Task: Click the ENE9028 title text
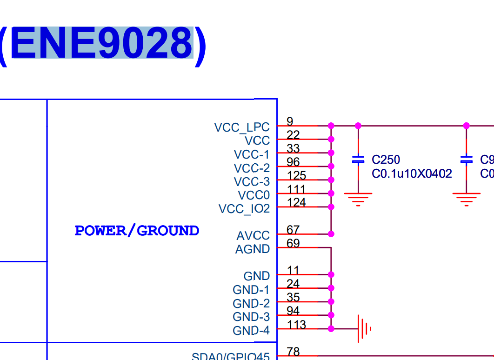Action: (102, 43)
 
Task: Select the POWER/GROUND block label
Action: (137, 231)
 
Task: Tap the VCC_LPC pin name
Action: (241, 127)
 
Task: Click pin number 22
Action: (293, 135)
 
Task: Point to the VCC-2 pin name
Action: (252, 168)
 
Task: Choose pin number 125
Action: (297, 176)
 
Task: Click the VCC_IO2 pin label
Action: (244, 209)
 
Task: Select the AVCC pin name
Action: (253, 236)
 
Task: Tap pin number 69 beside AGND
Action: (293, 243)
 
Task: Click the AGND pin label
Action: (252, 249)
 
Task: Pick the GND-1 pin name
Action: (251, 290)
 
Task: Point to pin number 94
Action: (293, 311)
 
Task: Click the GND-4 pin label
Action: (251, 331)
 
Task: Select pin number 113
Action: (297, 324)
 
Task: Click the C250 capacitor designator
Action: (386, 160)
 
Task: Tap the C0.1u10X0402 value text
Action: (412, 174)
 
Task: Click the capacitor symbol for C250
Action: (358, 160)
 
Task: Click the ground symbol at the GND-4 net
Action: (364, 329)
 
